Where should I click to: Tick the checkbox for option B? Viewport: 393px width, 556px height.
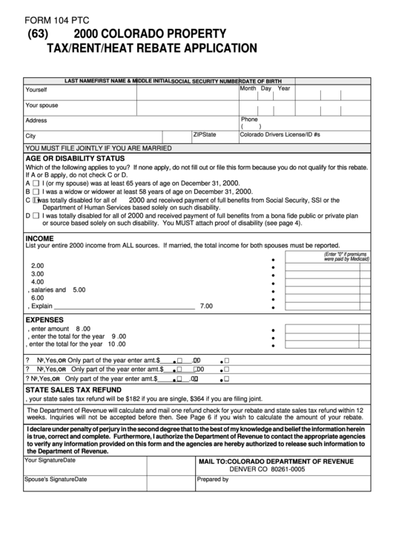click(x=36, y=191)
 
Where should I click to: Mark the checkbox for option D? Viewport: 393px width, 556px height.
click(x=36, y=216)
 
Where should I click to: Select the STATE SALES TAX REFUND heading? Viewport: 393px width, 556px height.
click(x=73, y=389)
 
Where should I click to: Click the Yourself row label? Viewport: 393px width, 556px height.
click(x=36, y=90)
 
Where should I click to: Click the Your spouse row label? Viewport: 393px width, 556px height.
click(x=42, y=105)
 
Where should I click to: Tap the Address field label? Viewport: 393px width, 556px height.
click(x=36, y=120)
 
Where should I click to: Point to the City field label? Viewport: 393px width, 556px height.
click(x=30, y=137)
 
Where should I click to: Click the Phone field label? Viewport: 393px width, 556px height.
click(x=249, y=119)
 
